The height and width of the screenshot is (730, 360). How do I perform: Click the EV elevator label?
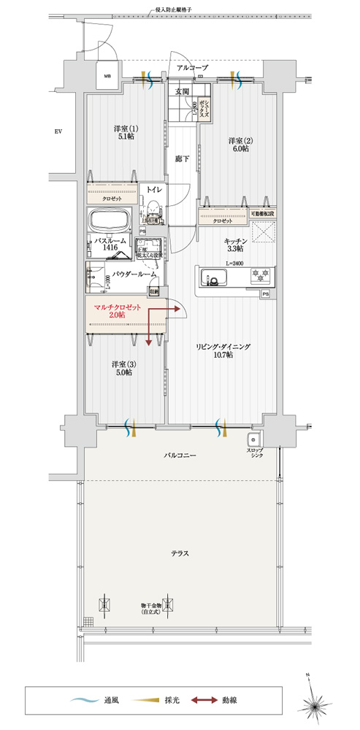[x=58, y=132]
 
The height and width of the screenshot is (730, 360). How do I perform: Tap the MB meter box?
[x=107, y=76]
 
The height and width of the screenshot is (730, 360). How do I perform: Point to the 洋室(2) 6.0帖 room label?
[x=239, y=144]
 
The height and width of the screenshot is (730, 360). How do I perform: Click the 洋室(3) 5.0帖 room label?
[x=122, y=367]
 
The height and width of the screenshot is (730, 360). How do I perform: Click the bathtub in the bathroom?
[x=110, y=220]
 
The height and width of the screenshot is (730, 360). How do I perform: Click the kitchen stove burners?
[x=258, y=277]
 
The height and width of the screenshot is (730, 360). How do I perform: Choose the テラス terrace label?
[x=180, y=553]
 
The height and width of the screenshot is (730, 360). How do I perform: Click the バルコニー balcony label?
[x=180, y=456]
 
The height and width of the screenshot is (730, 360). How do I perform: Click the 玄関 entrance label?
[x=182, y=91]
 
